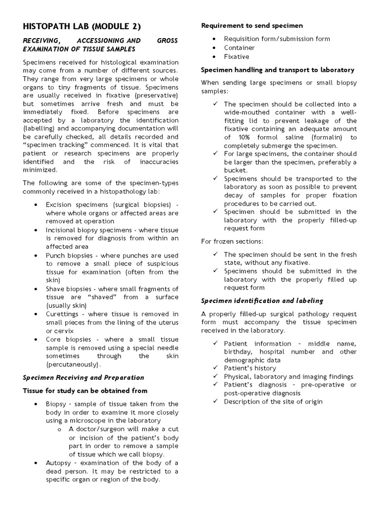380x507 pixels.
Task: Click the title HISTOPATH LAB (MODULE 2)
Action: [x=85, y=26]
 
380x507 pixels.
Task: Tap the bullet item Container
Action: [x=239, y=48]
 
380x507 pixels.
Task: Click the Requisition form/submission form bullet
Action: [x=277, y=39]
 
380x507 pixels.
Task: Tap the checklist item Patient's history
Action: [x=250, y=368]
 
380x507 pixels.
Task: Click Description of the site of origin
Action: [x=273, y=402]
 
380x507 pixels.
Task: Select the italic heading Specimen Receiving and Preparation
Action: [x=84, y=377]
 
